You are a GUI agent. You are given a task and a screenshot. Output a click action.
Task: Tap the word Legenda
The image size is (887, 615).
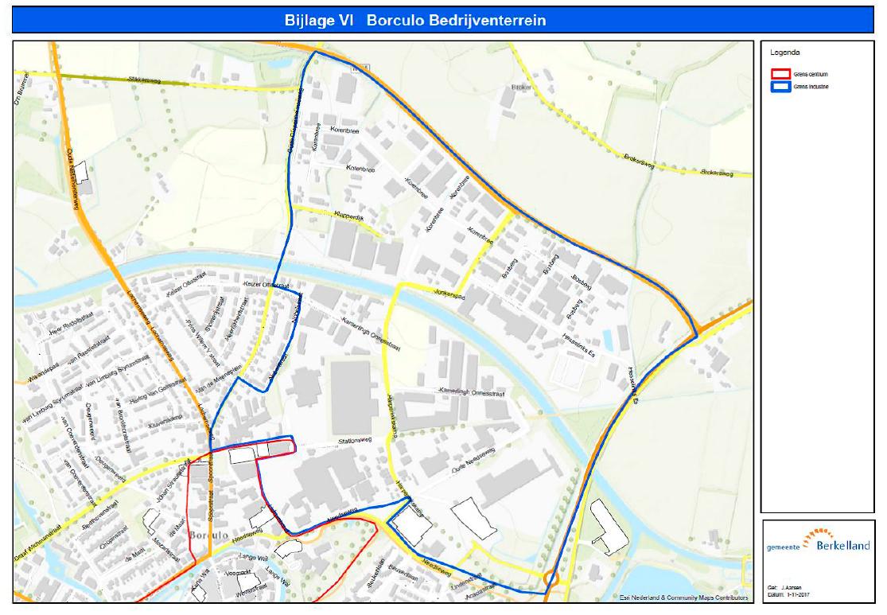[785, 53]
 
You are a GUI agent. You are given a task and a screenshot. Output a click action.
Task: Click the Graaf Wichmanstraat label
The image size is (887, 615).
[49, 531]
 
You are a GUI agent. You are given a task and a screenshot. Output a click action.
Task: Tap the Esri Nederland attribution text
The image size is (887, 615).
[683, 597]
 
